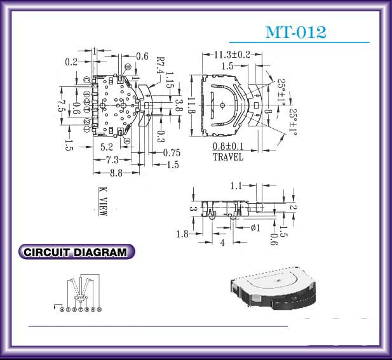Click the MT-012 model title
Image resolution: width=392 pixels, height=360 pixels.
(295, 32)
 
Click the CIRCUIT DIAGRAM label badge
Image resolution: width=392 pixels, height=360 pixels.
(77, 252)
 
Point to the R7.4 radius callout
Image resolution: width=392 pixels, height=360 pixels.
(160, 67)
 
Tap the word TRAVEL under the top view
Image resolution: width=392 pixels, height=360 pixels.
(228, 157)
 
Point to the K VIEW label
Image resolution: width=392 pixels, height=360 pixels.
(102, 201)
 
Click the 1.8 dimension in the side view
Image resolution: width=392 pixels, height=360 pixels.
(182, 234)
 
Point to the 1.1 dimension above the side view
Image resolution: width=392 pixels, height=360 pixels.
(236, 186)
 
